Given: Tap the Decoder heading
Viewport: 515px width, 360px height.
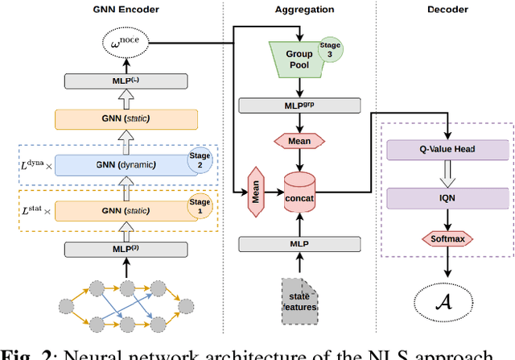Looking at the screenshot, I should pyautogui.click(x=447, y=9).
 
